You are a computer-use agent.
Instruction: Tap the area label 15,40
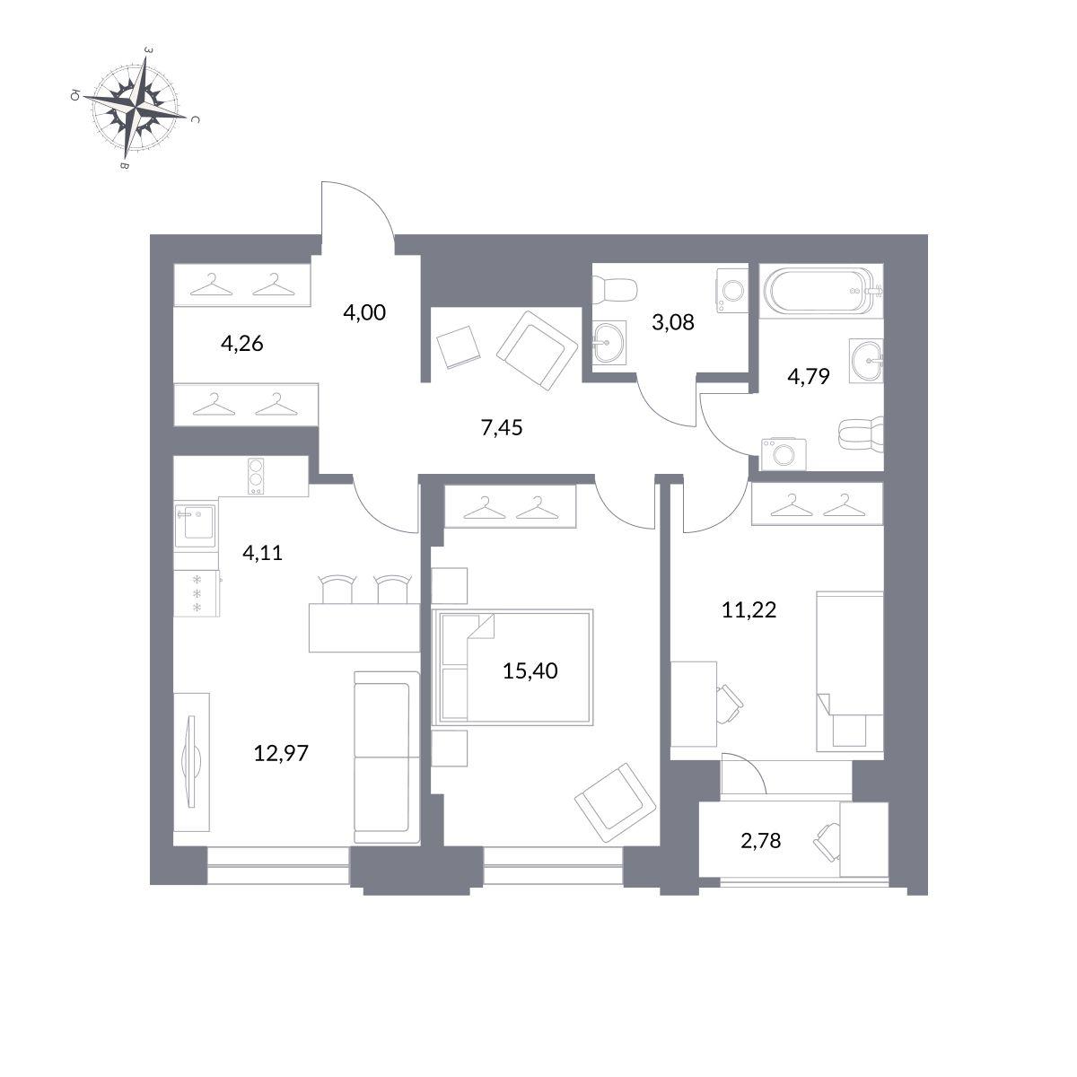(x=530, y=670)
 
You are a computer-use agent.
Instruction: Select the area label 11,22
(x=749, y=609)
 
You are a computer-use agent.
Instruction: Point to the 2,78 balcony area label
(x=761, y=855)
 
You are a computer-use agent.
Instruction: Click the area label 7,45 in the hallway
(x=502, y=427)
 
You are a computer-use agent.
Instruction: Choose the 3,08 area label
(x=673, y=322)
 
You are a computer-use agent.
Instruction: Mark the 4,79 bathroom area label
(x=808, y=377)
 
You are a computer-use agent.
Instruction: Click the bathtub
(x=821, y=291)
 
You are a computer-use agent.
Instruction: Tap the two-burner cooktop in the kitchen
(x=256, y=477)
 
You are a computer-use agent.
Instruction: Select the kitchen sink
(x=195, y=525)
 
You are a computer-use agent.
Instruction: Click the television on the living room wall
(x=192, y=760)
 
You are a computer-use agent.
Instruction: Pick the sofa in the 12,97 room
(x=387, y=757)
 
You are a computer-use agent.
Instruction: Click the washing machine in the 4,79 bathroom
(x=784, y=454)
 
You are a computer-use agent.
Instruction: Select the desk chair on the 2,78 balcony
(x=828, y=844)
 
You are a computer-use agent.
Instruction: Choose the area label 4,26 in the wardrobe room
(x=241, y=343)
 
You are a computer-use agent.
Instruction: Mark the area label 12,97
(x=281, y=753)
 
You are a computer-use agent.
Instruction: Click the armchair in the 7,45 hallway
(x=537, y=350)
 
